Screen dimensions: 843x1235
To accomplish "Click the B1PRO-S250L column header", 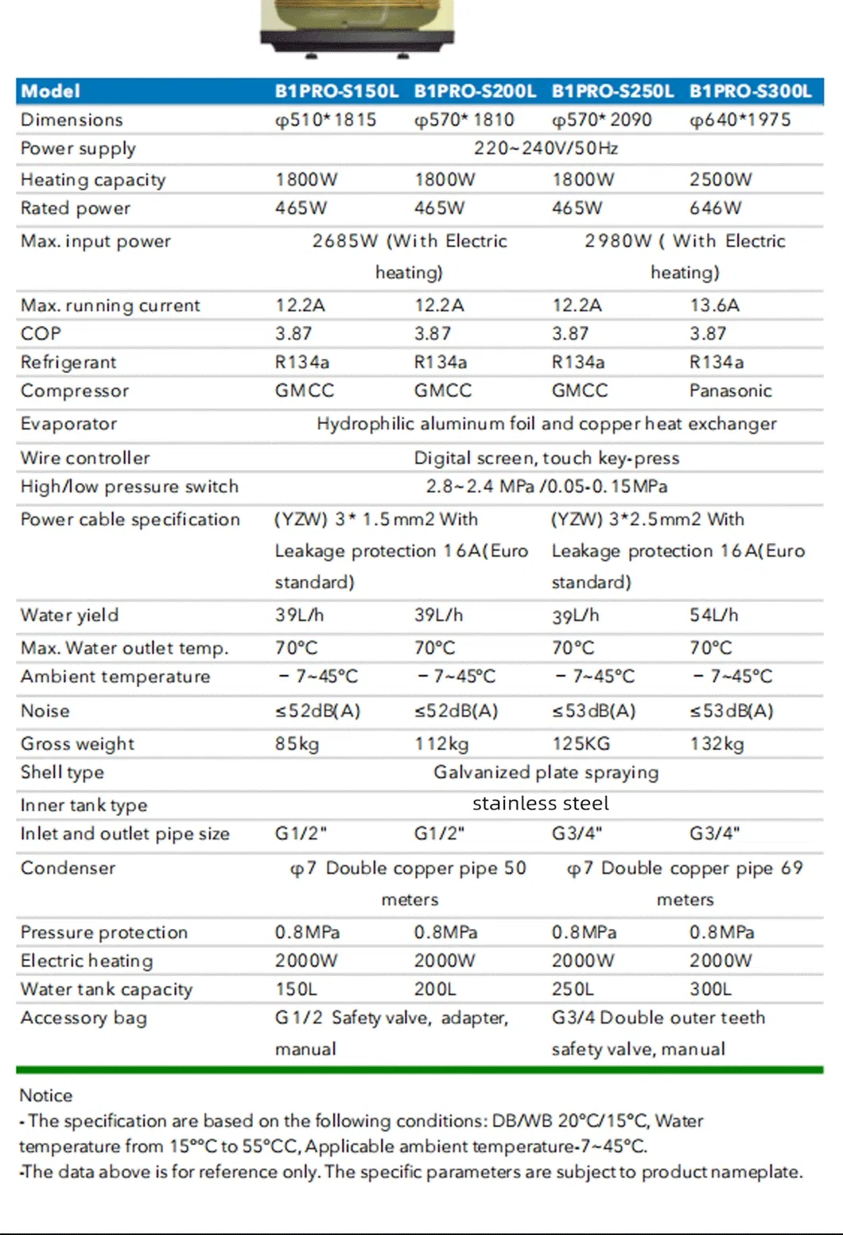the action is click(x=612, y=91).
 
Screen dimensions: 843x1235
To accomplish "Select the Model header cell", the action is click(x=50, y=91).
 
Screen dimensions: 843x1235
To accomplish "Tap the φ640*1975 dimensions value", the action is click(x=740, y=120).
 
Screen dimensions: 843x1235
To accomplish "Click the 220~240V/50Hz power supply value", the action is click(x=546, y=149).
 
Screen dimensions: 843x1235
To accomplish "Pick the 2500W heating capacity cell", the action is click(x=720, y=180).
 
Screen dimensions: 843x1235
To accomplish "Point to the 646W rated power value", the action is click(x=715, y=208).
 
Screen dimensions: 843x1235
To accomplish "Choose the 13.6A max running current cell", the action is click(x=714, y=305).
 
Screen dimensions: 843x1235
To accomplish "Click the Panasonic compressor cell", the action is click(x=730, y=391).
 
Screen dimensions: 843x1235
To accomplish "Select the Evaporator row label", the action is click(x=68, y=424).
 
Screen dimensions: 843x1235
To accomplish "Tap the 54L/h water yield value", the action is click(x=713, y=616).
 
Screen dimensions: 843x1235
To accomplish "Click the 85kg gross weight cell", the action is click(x=297, y=744).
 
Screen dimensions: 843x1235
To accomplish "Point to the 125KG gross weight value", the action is click(x=581, y=744).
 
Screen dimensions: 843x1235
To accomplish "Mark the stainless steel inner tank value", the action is click(x=541, y=804).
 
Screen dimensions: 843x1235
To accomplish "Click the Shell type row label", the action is click(x=62, y=773).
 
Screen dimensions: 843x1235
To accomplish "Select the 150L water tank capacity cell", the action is click(x=296, y=989).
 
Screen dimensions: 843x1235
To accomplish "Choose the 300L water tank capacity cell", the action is click(x=710, y=989).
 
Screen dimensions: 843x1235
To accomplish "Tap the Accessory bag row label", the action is click(x=84, y=1019).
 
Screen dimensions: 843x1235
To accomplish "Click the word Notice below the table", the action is click(x=45, y=1096).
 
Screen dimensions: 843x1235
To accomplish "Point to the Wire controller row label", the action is click(x=85, y=458).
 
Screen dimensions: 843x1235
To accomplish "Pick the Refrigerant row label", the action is click(x=68, y=363).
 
